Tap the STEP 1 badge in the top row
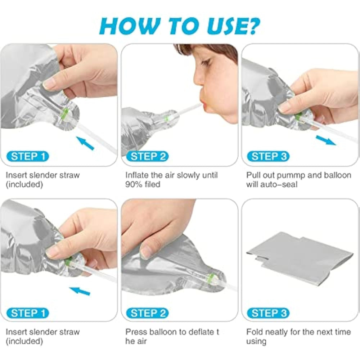pyautogui.click(x=28, y=156)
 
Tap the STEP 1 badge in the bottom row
pyautogui.click(x=28, y=313)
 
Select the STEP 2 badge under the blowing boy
pyautogui.click(x=148, y=156)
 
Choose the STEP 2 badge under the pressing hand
pyautogui.click(x=148, y=313)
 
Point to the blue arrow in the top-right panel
pyautogui.click(x=326, y=140)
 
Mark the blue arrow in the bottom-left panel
pyautogui.click(x=80, y=291)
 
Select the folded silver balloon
pyautogui.click(x=300, y=259)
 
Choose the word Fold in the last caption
pyautogui.click(x=254, y=332)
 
